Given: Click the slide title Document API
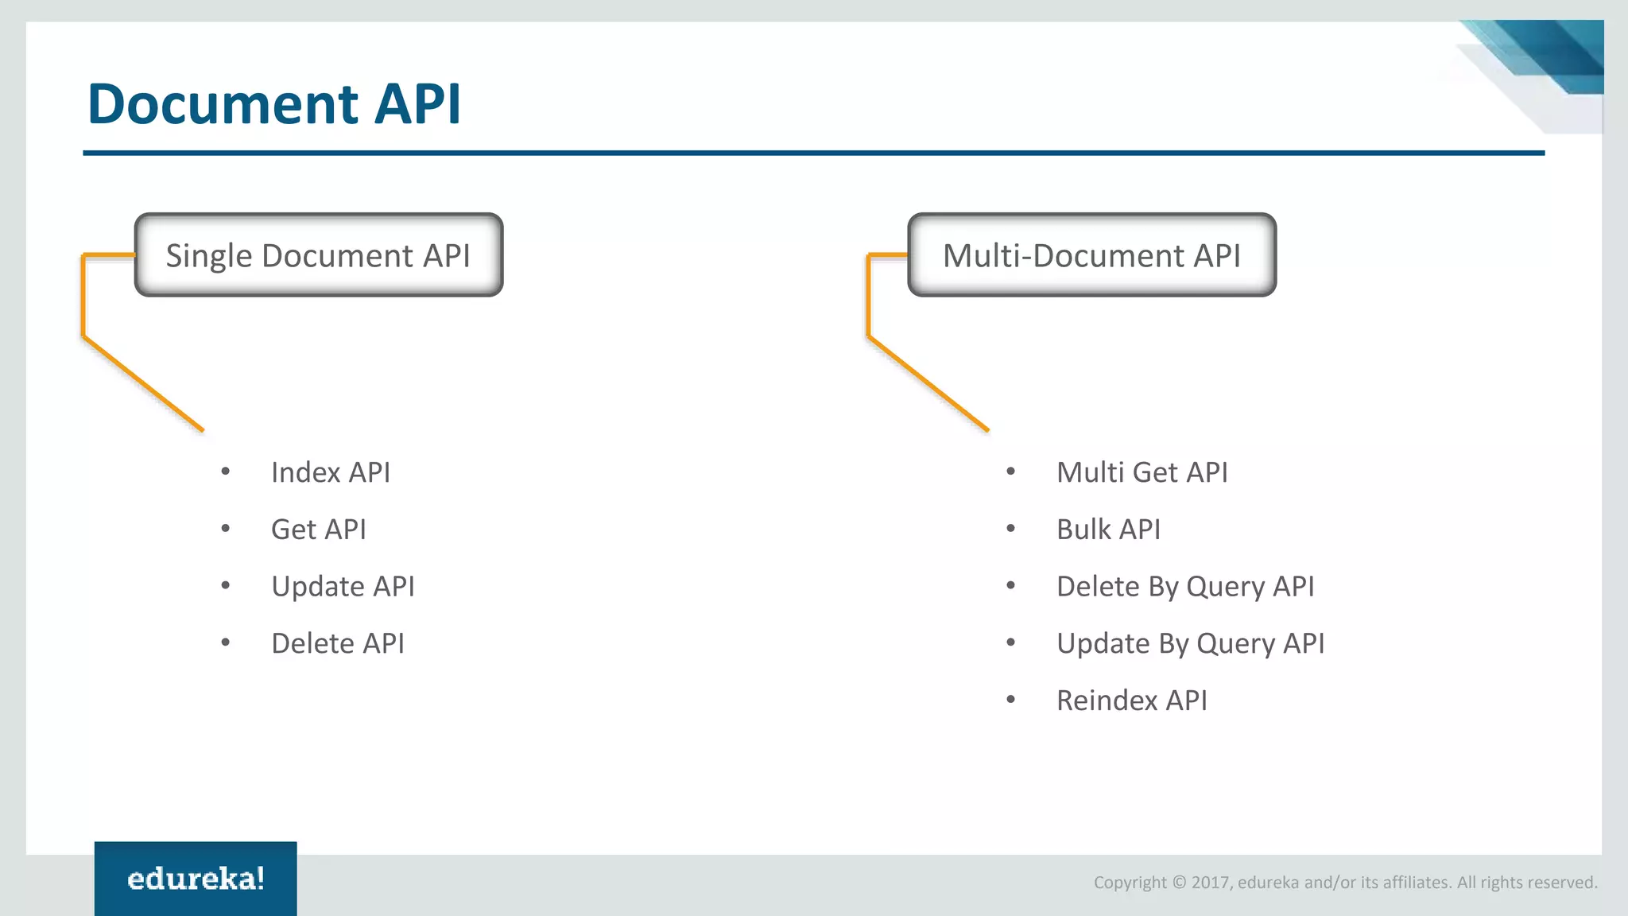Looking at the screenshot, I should (x=273, y=104).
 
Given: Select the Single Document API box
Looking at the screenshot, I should (x=318, y=255).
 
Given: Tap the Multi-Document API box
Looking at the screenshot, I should (x=1091, y=255).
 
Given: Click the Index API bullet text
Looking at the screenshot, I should (x=331, y=472).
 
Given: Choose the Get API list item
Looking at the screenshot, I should (x=319, y=530).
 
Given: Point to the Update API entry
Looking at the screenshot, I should (x=343, y=587).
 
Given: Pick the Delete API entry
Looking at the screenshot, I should (x=338, y=643).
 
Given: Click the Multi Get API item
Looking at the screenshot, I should (x=1142, y=472).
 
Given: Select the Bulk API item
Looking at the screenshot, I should (x=1108, y=530).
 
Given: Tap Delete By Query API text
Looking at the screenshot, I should (x=1184, y=587).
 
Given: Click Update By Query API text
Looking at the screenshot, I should (x=1190, y=643).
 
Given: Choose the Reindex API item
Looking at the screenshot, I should (x=1131, y=701).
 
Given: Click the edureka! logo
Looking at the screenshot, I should (x=196, y=879).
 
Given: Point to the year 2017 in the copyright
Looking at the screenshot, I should (x=1210, y=883).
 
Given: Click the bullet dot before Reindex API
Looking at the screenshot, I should (x=1011, y=700).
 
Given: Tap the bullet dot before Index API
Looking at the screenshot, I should (x=226, y=472).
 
